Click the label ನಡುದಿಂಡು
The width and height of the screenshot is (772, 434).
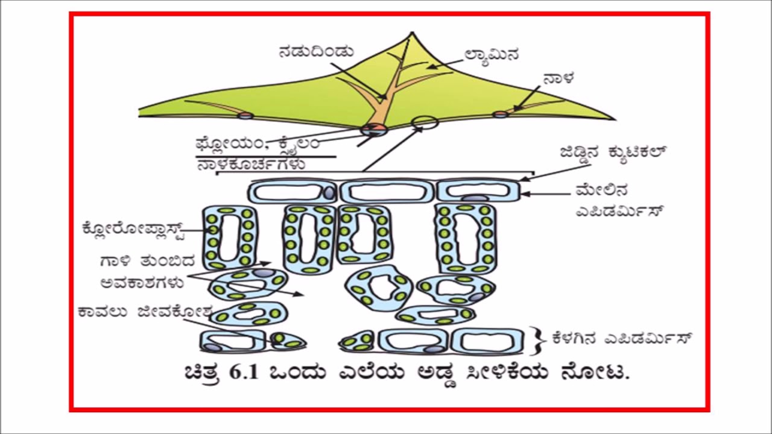315,52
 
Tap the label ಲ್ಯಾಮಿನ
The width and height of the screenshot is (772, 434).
492,54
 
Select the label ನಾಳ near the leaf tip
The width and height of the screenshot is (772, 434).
558,79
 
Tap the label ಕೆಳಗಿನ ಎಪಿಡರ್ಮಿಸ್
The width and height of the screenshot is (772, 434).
621,338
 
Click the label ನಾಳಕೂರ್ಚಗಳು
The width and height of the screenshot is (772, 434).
251,164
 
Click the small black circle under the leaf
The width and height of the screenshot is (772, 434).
425,123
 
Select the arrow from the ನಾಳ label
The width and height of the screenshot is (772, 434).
525,98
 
